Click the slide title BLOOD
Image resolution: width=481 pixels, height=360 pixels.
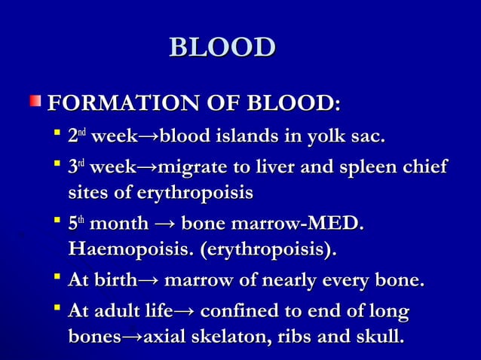pyautogui.click(x=222, y=47)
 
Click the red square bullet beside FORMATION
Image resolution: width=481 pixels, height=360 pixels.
pyautogui.click(x=35, y=101)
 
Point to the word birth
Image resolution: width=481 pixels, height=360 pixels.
pyautogui.click(x=114, y=281)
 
